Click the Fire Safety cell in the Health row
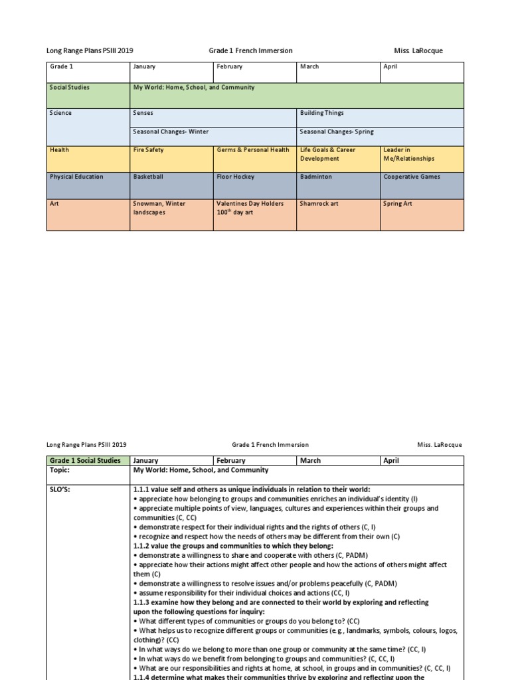coord(171,159)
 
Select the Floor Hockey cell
coord(254,185)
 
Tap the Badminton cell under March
coord(338,185)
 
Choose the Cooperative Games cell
coord(422,185)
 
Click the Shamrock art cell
coord(338,214)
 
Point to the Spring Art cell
coord(422,214)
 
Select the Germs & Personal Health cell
coord(254,159)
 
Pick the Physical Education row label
coord(88,185)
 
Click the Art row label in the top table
coord(88,214)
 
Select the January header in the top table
coord(171,72)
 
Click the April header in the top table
coord(422,72)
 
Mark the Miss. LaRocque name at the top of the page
coord(418,50)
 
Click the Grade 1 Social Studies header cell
coord(88,460)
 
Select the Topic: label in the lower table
coord(88,470)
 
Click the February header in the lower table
coord(254,460)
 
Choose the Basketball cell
coord(171,185)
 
